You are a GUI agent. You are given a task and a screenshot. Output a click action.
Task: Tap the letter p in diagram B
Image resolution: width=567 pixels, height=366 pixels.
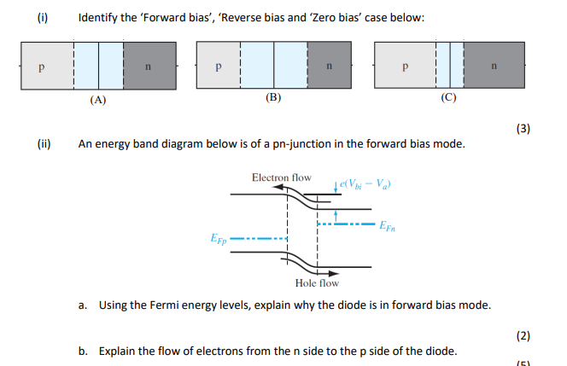tap(219, 66)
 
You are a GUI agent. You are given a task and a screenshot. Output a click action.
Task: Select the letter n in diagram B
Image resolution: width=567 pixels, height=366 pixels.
tap(330, 66)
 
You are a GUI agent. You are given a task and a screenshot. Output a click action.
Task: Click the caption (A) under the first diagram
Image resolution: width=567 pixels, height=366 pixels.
tap(98, 99)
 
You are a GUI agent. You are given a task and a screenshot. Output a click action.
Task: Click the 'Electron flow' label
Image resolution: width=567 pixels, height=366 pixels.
tap(282, 177)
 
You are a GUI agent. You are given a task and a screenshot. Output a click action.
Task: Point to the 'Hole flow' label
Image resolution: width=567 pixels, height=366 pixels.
tap(316, 282)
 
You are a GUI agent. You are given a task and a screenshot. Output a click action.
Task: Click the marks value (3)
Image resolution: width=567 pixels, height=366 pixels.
tap(523, 129)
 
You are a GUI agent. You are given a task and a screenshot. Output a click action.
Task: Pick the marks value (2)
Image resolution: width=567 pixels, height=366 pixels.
tap(523, 335)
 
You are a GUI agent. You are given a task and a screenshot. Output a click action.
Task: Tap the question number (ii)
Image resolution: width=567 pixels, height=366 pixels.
tap(41, 144)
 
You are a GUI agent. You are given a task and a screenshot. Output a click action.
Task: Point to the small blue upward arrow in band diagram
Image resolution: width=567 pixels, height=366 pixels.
tap(338, 211)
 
